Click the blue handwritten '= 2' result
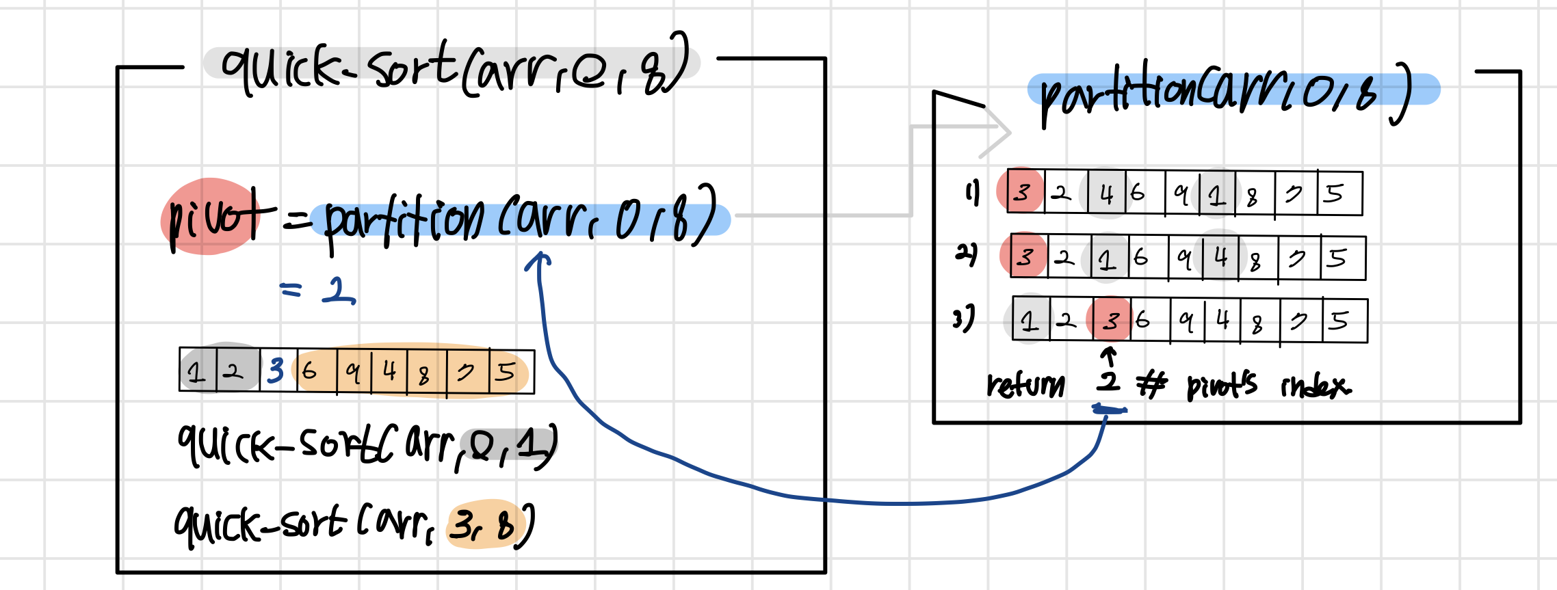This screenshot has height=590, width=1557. pyautogui.click(x=319, y=291)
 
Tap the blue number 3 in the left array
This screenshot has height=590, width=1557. pyautogui.click(x=276, y=371)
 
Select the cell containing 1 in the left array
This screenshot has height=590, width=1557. pyautogui.click(x=197, y=371)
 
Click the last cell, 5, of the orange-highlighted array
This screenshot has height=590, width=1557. pyautogui.click(x=507, y=372)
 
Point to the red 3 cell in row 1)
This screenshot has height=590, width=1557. pyautogui.click(x=1022, y=192)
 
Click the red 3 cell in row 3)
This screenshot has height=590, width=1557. pyautogui.click(x=1112, y=320)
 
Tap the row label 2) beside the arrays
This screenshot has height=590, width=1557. pyautogui.click(x=967, y=255)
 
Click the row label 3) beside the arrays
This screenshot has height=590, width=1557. pyautogui.click(x=964, y=318)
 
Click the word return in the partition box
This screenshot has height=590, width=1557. pyautogui.click(x=1025, y=386)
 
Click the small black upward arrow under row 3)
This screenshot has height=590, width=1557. pyautogui.click(x=1109, y=356)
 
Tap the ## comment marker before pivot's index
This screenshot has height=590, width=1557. pyautogui.click(x=1152, y=386)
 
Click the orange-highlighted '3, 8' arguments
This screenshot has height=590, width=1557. pyautogui.click(x=483, y=525)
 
